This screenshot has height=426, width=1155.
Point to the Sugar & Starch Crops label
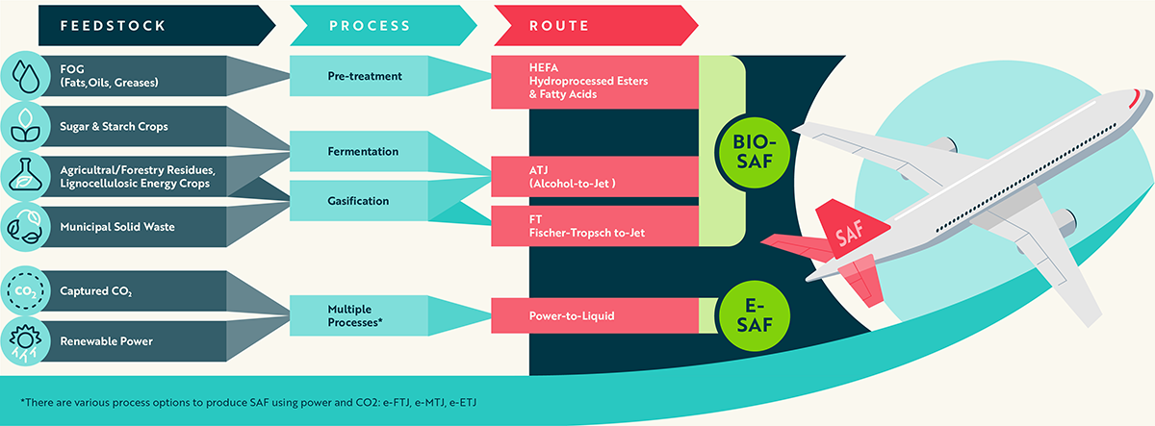tap(115, 125)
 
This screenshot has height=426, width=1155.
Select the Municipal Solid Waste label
tap(115, 226)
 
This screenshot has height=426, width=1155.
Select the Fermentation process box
tap(358, 151)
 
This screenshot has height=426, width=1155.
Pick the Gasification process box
tap(358, 201)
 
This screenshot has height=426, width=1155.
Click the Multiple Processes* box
tap(358, 316)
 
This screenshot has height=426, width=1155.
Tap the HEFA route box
tap(595, 81)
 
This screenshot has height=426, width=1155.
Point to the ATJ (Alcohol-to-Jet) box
tap(595, 176)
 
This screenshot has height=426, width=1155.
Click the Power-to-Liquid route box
tap(595, 314)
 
